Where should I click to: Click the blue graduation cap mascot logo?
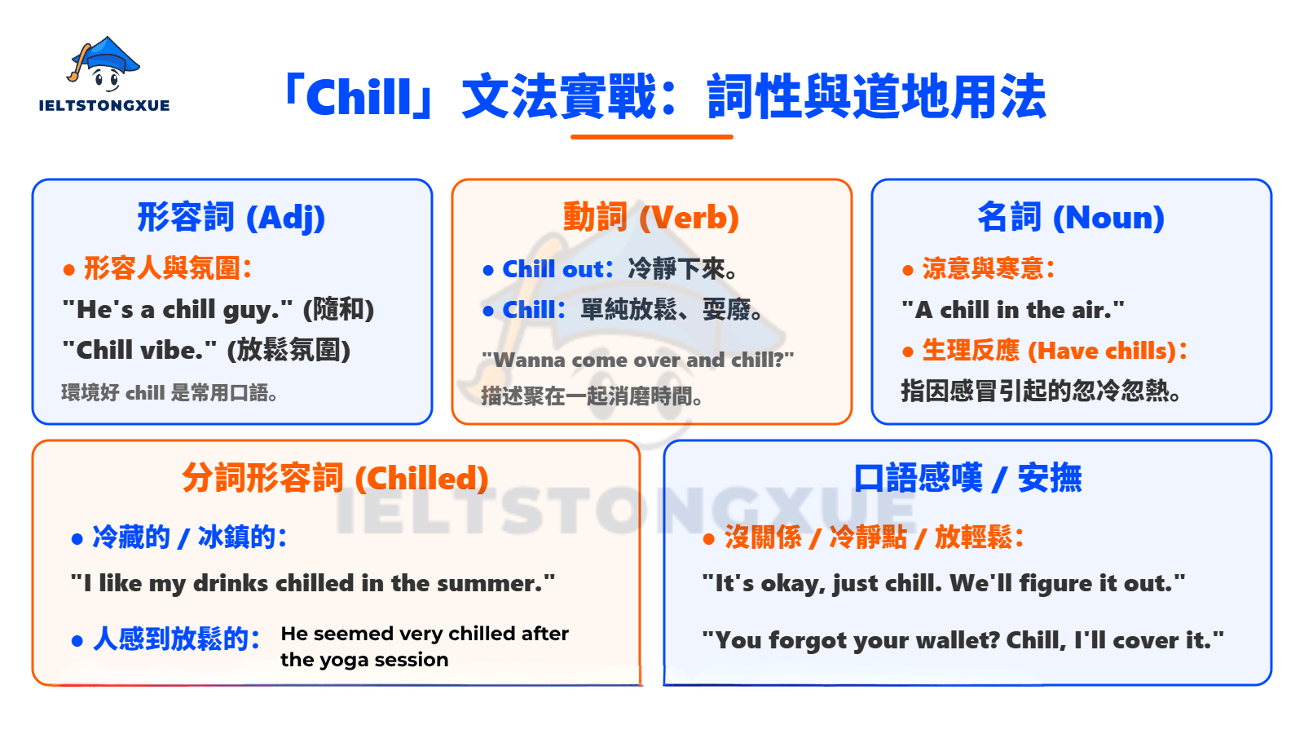pyautogui.click(x=104, y=64)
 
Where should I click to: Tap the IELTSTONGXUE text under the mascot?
pyautogui.click(x=104, y=105)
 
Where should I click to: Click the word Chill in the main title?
pyautogui.click(x=359, y=98)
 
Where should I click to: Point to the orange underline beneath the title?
pyautogui.click(x=651, y=137)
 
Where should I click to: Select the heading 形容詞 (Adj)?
pyautogui.click(x=231, y=218)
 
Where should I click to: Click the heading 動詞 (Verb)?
pyautogui.click(x=651, y=218)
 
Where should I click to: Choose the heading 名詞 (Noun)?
pyautogui.click(x=1071, y=218)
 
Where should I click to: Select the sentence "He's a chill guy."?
pyautogui.click(x=178, y=310)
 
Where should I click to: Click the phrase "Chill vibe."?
pyautogui.click(x=139, y=351)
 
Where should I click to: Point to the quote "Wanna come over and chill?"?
pyautogui.click(x=637, y=360)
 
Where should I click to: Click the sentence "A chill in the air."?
pyautogui.click(x=1013, y=310)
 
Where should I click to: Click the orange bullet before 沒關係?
pyautogui.click(x=708, y=539)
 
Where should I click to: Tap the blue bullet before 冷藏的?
pyautogui.click(x=77, y=539)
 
